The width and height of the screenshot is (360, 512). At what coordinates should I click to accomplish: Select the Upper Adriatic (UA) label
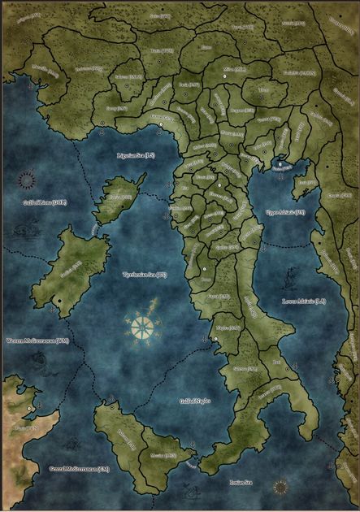[285, 212]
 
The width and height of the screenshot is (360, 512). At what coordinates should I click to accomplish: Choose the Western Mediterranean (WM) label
[37, 341]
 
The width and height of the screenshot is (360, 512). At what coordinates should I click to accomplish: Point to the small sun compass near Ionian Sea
[280, 487]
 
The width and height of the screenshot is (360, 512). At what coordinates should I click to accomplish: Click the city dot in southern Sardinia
[59, 302]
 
